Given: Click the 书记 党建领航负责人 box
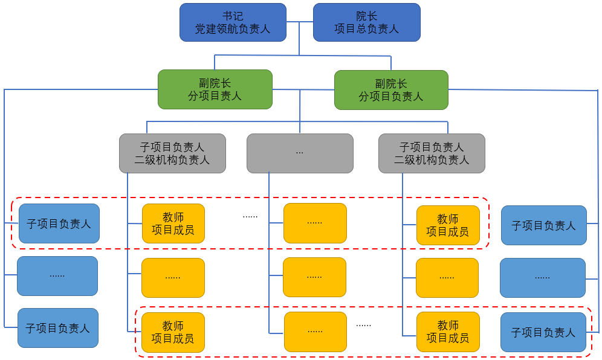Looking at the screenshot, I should pos(233,22).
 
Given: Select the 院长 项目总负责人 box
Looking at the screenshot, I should pos(366,22).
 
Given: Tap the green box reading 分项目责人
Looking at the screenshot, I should pos(215,89).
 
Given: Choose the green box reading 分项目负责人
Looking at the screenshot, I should pos(391,90).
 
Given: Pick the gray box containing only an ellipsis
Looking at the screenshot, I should pos(300,153).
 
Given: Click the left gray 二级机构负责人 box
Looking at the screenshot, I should pos(172,153).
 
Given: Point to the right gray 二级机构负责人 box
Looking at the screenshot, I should pos(432,153).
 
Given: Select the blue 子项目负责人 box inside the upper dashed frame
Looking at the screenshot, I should pos(59,223).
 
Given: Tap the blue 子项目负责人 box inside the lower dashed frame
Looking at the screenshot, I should pos(543,332).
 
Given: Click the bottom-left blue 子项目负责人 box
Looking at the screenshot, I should pos(57,328).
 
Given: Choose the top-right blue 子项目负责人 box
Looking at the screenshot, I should pos(543,225).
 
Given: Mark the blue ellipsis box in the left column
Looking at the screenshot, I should pos(57,276).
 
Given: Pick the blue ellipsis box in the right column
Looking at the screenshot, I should pos(542,278).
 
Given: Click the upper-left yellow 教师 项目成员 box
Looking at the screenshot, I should pos(173,223).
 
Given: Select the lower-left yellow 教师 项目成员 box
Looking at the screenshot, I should pos(173,332).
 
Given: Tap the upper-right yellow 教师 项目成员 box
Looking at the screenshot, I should pos(447,225).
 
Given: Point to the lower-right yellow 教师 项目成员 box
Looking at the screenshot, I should pos(447,332).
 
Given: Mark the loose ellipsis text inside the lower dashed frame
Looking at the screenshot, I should pos(363,325).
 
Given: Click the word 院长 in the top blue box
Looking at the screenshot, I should pos(366,16).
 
